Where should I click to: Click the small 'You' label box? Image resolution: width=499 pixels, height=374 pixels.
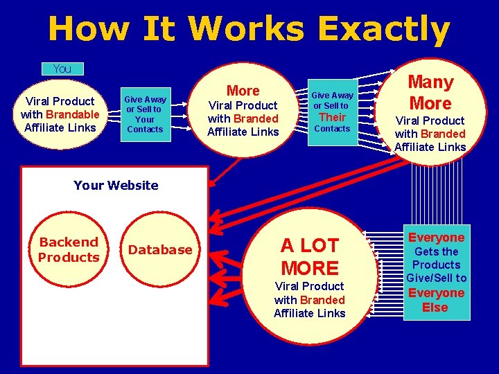[62, 69]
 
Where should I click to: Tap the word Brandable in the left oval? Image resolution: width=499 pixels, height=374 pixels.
[73, 114]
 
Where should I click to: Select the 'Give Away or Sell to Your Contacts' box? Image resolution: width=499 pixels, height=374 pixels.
[145, 114]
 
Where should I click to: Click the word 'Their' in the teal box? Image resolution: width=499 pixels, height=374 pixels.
[332, 117]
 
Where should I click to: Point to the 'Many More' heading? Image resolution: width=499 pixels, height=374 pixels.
[430, 93]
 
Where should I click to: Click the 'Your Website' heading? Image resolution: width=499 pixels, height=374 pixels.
[115, 185]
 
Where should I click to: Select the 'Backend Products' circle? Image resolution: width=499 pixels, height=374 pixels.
[69, 249]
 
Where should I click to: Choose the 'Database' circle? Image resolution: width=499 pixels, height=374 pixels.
[161, 249]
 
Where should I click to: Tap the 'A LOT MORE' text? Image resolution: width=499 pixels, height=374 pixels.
[310, 256]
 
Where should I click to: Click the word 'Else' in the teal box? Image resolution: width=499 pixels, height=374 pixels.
[435, 307]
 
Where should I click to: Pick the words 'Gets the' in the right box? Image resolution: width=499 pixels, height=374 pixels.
[436, 251]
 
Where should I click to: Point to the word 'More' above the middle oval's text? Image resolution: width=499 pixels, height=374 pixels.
[243, 91]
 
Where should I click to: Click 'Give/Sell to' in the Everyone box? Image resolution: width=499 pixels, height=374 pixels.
[436, 278]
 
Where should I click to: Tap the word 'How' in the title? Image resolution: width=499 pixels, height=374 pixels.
[89, 30]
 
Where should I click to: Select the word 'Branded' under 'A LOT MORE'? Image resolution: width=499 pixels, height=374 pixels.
[323, 300]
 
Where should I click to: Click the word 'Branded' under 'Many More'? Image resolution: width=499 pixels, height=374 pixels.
[443, 134]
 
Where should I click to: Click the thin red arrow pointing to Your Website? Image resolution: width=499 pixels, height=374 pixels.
[225, 170]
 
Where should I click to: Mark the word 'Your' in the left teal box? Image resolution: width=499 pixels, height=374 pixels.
[145, 118]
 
